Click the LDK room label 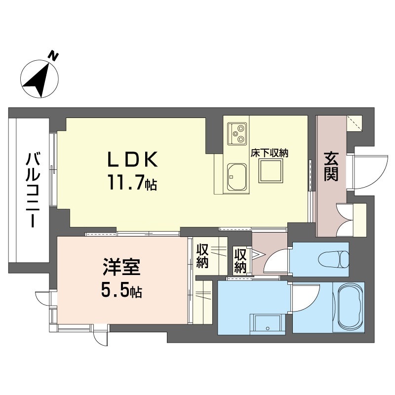tap(132, 159)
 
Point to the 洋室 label tap(121, 267)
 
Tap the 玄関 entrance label tap(331, 166)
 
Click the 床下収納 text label tap(269, 153)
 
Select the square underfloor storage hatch tap(270, 171)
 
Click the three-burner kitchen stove tap(237, 133)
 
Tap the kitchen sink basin tap(237, 177)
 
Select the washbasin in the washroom tap(268, 324)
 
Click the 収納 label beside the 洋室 tap(202, 256)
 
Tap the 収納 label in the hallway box tap(240, 261)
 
